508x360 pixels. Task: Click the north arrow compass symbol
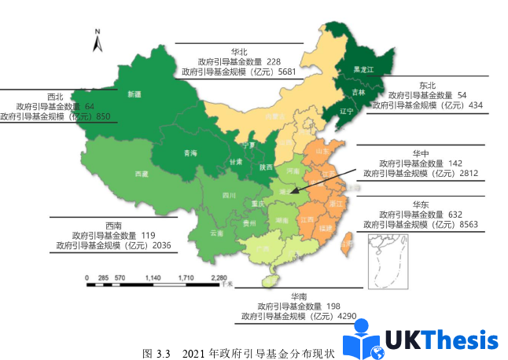click(97, 41)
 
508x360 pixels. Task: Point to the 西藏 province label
click(142, 174)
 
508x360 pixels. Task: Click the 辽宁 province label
click(346, 111)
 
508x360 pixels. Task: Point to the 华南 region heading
click(299, 296)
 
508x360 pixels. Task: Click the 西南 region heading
click(114, 224)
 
